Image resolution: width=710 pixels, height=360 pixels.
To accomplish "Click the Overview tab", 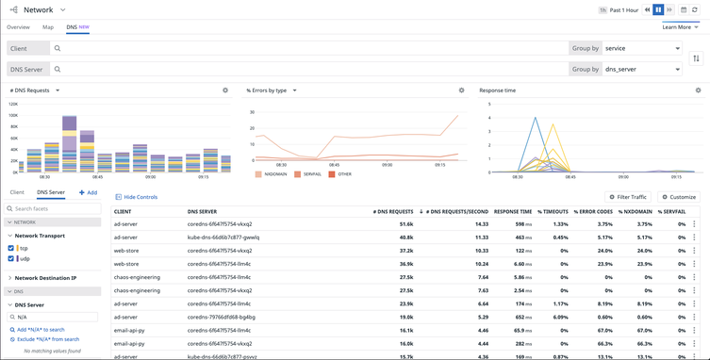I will point(18,27).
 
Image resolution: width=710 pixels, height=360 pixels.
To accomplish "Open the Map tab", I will point(48,27).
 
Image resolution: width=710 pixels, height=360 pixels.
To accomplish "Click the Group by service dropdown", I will point(641,48).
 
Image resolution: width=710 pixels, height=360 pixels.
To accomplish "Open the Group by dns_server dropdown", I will point(641,69).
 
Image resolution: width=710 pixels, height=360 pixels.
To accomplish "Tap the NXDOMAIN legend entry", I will point(272,174).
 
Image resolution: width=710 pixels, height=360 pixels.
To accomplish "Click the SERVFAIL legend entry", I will point(310,174).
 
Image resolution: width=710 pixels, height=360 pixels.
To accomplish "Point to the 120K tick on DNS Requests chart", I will point(13,104).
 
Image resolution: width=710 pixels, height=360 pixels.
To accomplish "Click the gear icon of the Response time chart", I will point(698,90).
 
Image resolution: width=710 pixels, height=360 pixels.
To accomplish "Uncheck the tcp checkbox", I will point(11,249).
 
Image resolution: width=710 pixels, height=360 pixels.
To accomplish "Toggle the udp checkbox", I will point(11,258).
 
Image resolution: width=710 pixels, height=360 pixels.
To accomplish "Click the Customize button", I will point(679,197).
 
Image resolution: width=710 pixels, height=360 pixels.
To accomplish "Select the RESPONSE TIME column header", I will point(512,212).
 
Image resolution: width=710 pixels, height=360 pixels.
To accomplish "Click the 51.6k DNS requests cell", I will point(405,224).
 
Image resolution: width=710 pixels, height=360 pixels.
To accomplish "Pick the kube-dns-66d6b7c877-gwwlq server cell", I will point(223,237).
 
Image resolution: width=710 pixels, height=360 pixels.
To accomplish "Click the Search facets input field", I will point(54,208).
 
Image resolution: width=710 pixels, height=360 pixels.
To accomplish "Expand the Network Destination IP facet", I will point(45,278).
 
